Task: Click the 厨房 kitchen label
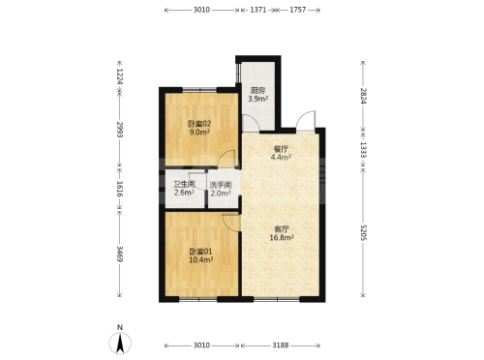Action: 258,91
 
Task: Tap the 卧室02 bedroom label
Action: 199,124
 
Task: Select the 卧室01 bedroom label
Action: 200,252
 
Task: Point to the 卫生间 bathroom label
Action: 184,185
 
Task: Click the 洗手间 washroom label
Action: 221,185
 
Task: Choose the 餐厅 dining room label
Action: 281,149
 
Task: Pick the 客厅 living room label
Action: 282,229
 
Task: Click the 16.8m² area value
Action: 282,238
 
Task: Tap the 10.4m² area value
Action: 200,259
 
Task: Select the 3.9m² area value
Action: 257,99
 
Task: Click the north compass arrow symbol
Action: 120,343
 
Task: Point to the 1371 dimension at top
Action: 258,10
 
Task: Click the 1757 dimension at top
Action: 297,10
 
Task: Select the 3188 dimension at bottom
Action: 281,345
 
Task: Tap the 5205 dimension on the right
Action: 364,232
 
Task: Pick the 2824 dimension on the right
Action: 364,96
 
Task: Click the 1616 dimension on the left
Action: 120,189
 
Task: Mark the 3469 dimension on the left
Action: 120,254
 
